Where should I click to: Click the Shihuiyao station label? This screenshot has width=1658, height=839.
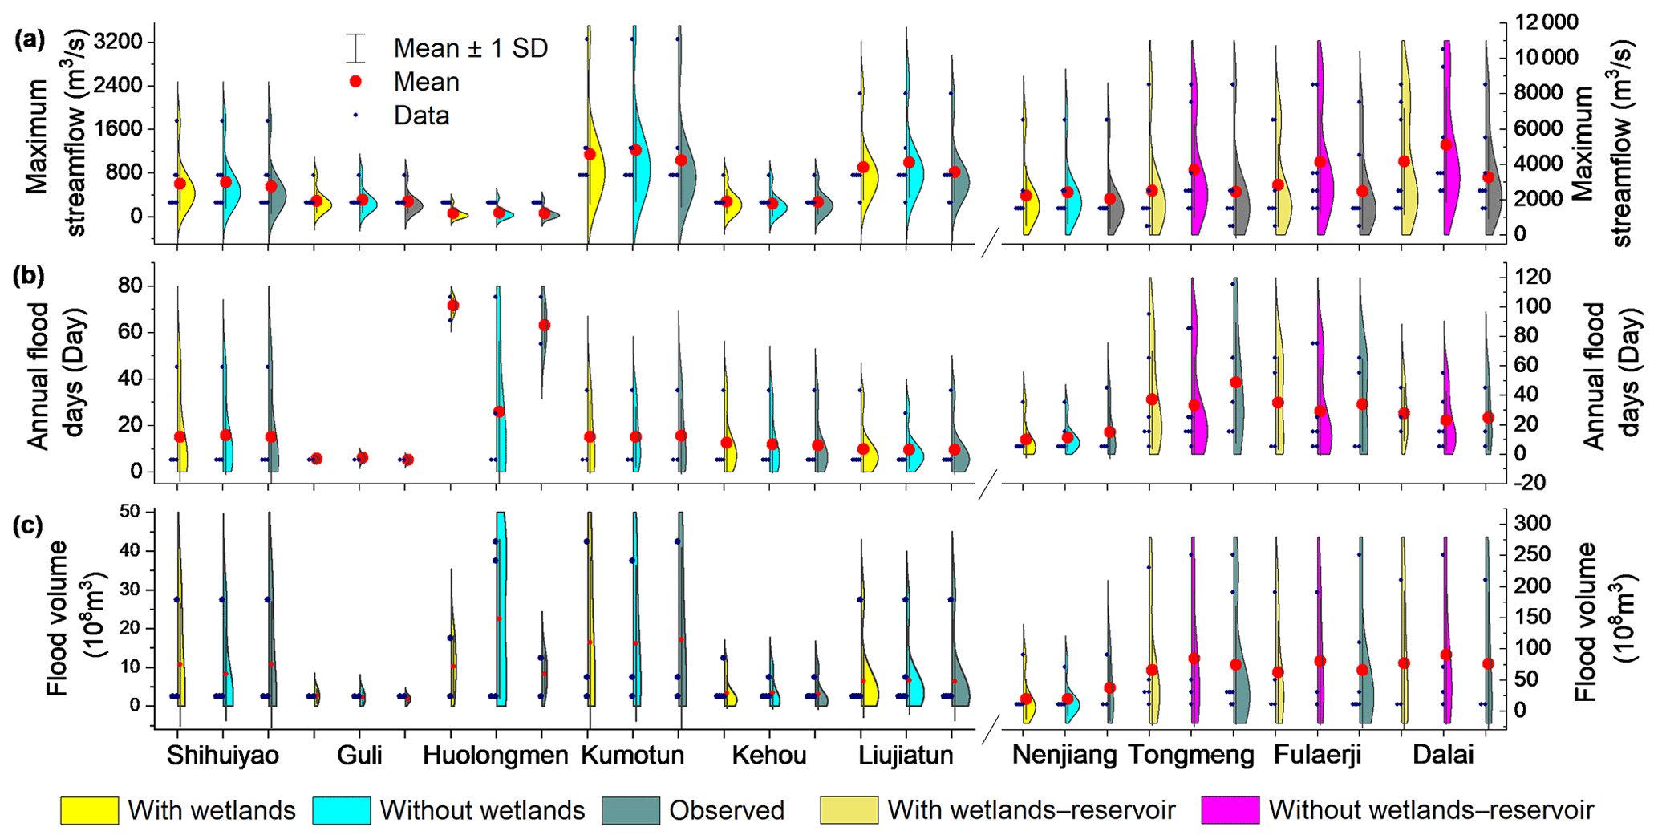[223, 756]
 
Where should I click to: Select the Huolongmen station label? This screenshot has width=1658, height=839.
[496, 756]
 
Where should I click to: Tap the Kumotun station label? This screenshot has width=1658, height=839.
[633, 756]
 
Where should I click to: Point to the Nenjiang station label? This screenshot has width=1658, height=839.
[1064, 756]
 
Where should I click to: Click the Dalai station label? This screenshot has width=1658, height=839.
[1443, 756]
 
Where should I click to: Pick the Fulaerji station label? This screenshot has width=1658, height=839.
[1317, 756]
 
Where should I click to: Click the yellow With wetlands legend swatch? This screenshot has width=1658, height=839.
[89, 811]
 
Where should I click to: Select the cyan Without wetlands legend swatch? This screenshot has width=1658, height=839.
[341, 811]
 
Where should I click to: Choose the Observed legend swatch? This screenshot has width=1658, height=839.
[630, 811]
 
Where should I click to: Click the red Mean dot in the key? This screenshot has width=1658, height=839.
[356, 82]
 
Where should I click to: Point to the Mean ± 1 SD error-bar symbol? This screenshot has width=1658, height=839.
[356, 48]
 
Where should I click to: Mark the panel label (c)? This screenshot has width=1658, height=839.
[30, 525]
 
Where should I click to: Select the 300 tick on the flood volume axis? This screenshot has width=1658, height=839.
[1529, 524]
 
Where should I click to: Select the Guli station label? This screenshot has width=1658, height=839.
[359, 756]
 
